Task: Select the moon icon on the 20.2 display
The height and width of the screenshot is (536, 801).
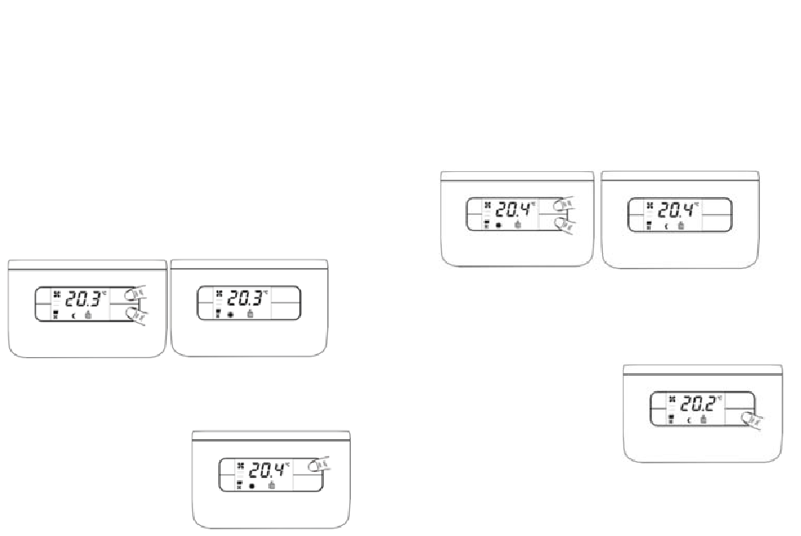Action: pyautogui.click(x=689, y=420)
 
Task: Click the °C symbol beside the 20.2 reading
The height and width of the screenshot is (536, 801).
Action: pyautogui.click(x=721, y=397)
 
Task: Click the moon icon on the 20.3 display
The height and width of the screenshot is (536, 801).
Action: pyautogui.click(x=73, y=315)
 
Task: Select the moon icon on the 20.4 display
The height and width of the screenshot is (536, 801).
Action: pyautogui.click(x=666, y=226)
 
